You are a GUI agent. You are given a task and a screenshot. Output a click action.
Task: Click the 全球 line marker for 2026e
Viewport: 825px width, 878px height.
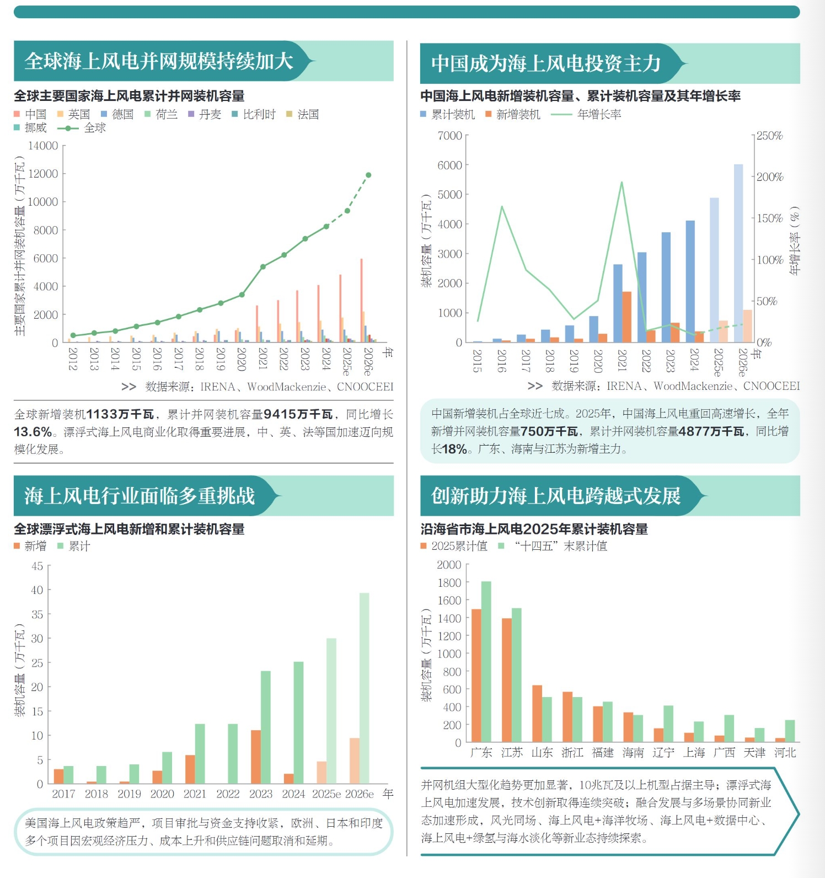(x=368, y=175)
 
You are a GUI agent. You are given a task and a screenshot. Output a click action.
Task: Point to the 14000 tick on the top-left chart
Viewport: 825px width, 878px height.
(x=43, y=146)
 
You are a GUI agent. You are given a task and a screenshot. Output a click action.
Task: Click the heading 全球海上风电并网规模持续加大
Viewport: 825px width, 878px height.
(x=159, y=61)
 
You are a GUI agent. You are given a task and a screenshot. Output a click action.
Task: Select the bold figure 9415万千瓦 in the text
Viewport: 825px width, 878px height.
(x=298, y=414)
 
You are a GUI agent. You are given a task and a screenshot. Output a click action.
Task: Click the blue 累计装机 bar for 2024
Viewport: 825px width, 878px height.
(x=690, y=281)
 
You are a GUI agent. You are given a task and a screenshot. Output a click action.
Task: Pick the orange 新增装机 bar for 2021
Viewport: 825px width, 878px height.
(x=627, y=317)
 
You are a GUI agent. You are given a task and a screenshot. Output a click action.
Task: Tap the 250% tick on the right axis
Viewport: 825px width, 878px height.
(x=770, y=136)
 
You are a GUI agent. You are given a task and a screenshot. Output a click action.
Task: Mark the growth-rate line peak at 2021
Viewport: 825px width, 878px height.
(x=622, y=183)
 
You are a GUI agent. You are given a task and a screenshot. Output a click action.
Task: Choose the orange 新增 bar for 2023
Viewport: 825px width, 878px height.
(x=256, y=757)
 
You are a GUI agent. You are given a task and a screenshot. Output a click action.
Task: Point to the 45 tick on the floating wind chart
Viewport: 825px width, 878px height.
(x=37, y=566)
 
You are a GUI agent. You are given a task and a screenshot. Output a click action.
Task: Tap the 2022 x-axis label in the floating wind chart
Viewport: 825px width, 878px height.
(x=228, y=794)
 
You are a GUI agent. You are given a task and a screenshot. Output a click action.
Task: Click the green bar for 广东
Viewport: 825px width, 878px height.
(x=486, y=661)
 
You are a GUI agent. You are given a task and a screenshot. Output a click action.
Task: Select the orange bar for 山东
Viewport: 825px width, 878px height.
(x=537, y=714)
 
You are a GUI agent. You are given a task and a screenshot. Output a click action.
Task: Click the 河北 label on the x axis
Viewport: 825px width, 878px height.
(x=785, y=752)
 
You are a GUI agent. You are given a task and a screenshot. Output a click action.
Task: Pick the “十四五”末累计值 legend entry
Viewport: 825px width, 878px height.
(x=560, y=546)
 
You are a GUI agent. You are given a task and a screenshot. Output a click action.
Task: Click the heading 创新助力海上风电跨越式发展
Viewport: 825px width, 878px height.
(x=556, y=496)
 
